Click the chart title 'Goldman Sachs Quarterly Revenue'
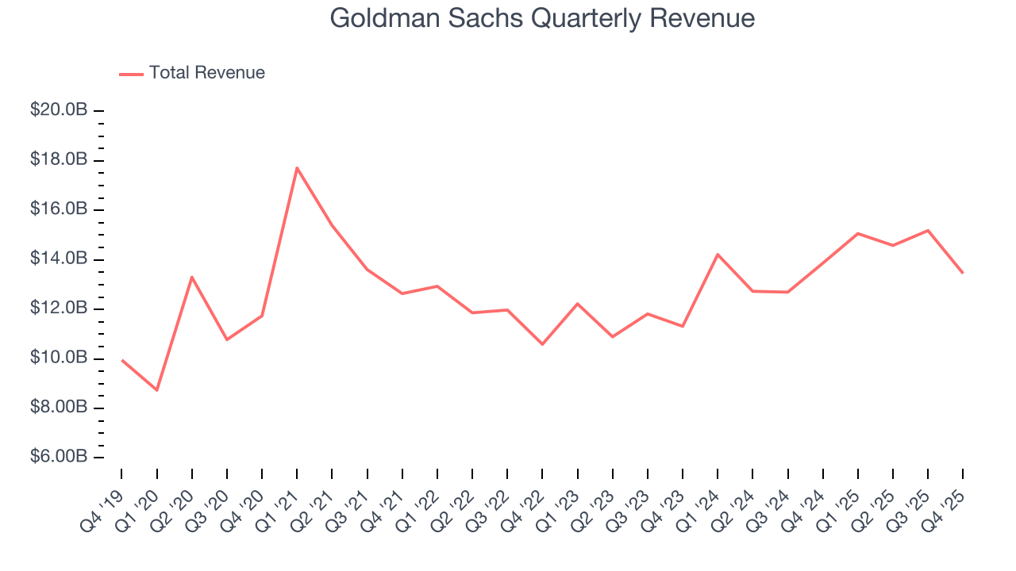tap(542, 17)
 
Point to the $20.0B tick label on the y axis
tap(59, 110)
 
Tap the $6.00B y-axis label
tap(59, 458)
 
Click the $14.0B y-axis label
tap(59, 259)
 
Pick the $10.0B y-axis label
tap(59, 358)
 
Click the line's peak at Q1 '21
tap(297, 167)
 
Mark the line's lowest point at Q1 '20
tap(157, 390)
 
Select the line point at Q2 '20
tap(192, 277)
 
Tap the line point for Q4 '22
tap(542, 344)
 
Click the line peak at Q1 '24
tap(718, 254)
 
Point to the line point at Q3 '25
tap(928, 230)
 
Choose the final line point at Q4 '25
tap(963, 273)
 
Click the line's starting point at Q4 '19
tap(122, 360)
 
